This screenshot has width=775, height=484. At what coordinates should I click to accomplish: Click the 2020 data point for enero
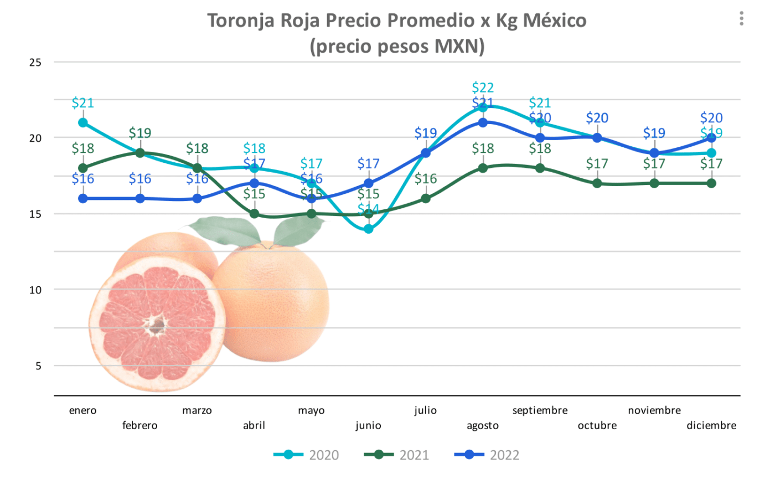pos(83,122)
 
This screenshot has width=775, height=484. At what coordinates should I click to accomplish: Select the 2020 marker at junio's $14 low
pos(369,229)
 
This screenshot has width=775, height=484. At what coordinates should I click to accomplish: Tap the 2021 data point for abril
pos(254,214)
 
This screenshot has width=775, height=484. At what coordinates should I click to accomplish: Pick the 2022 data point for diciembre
pos(711,138)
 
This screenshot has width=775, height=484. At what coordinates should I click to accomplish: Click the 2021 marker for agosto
pos(483,168)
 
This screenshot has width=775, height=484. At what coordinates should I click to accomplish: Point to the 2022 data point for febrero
pos(140,198)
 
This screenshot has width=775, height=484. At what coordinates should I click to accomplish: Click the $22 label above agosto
pos(483,87)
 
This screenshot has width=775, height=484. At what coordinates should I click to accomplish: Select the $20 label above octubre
pos(597,118)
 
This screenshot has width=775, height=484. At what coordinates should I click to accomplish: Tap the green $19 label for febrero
pos(140,133)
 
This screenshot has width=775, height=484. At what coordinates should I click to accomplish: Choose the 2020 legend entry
pos(306,455)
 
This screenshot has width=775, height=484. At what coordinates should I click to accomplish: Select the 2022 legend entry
pos(487,455)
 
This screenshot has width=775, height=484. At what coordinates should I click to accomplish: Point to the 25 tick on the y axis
pos(35,63)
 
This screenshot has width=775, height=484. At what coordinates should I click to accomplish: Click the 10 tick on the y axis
pos(35,290)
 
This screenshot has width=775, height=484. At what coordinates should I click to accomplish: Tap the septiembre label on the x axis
pos(540,410)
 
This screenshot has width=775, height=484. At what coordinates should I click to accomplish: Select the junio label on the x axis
pos(368,425)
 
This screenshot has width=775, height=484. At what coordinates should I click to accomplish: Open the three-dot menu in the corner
pos(741,19)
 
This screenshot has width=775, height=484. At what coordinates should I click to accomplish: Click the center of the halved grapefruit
pos(157,326)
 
